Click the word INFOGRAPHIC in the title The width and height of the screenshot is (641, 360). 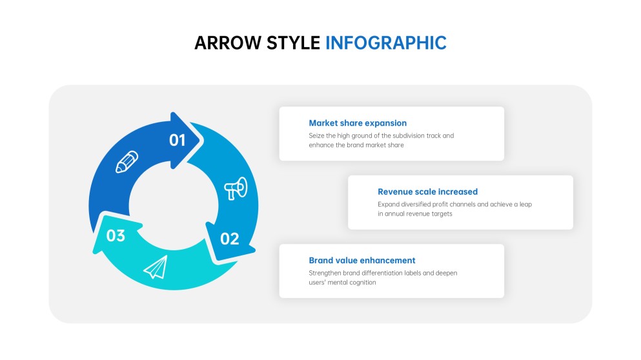(x=385, y=43)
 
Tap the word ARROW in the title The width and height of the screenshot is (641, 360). (x=224, y=43)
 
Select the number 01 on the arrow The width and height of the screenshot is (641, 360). (x=178, y=140)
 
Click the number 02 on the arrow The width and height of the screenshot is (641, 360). (x=230, y=239)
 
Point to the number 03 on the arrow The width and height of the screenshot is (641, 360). (x=116, y=235)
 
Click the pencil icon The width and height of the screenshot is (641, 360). (x=127, y=162)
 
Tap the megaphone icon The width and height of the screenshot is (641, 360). (x=235, y=188)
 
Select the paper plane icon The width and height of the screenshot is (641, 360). (x=156, y=267)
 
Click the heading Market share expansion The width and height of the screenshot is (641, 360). (x=358, y=123)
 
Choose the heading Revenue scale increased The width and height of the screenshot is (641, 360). (x=427, y=192)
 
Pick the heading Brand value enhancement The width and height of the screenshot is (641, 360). (x=361, y=260)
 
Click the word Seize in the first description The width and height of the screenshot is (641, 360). (x=316, y=135)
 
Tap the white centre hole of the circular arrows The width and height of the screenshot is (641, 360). (x=173, y=205)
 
